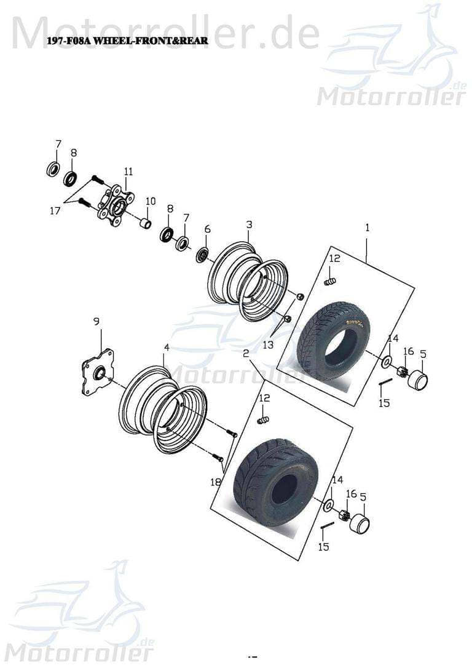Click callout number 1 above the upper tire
pyautogui.click(x=367, y=228)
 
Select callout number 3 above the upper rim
pyautogui.click(x=249, y=225)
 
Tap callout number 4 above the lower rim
pyautogui.click(x=166, y=348)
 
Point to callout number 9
pyautogui.click(x=96, y=321)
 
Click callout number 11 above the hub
pyautogui.click(x=128, y=171)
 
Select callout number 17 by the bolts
pyautogui.click(x=55, y=210)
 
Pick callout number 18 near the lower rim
pyautogui.click(x=216, y=482)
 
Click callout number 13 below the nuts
pyautogui.click(x=268, y=345)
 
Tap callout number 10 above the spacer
pyautogui.click(x=151, y=201)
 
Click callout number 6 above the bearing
pyautogui.click(x=207, y=229)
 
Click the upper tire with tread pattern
pyautogui.click(x=333, y=340)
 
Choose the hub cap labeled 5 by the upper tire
pyautogui.click(x=418, y=380)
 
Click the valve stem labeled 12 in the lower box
pyautogui.click(x=263, y=419)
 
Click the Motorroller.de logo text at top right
pyautogui.click(x=391, y=97)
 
